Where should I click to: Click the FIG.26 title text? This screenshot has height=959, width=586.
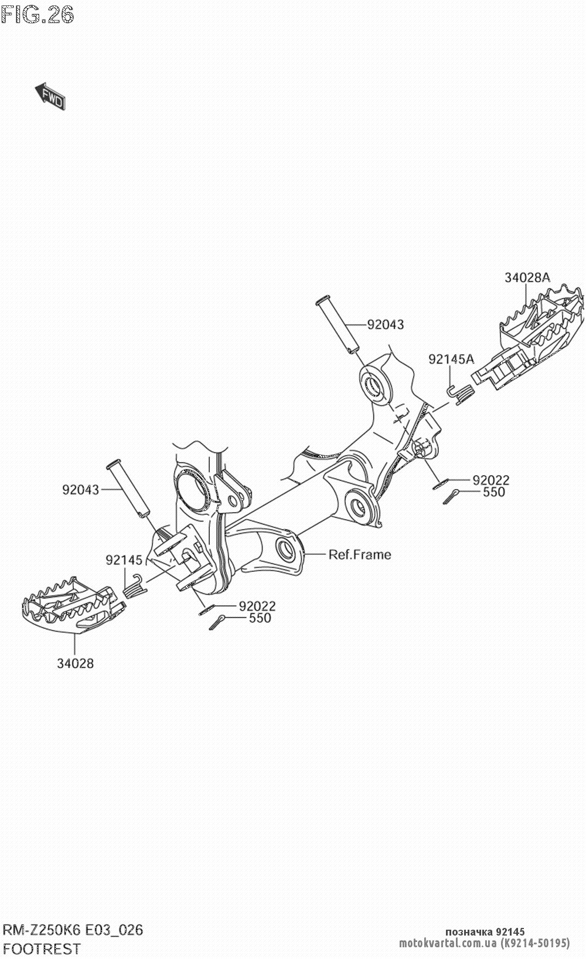(x=38, y=14)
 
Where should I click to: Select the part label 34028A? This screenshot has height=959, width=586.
(x=527, y=278)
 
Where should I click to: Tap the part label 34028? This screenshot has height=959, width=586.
(x=76, y=663)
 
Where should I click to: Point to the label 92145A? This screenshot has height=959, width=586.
(x=451, y=359)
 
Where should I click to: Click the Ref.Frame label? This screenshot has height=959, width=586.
(x=359, y=554)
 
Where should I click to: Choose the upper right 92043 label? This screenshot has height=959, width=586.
(x=386, y=324)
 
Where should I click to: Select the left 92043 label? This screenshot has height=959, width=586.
(x=81, y=489)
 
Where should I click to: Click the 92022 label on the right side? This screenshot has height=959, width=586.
(x=491, y=480)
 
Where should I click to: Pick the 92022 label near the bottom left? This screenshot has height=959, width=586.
(x=257, y=606)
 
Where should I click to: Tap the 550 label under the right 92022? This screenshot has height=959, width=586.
(x=493, y=492)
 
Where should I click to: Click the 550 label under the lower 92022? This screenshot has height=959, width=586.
(x=260, y=618)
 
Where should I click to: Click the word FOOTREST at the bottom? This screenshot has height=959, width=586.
(x=42, y=948)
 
